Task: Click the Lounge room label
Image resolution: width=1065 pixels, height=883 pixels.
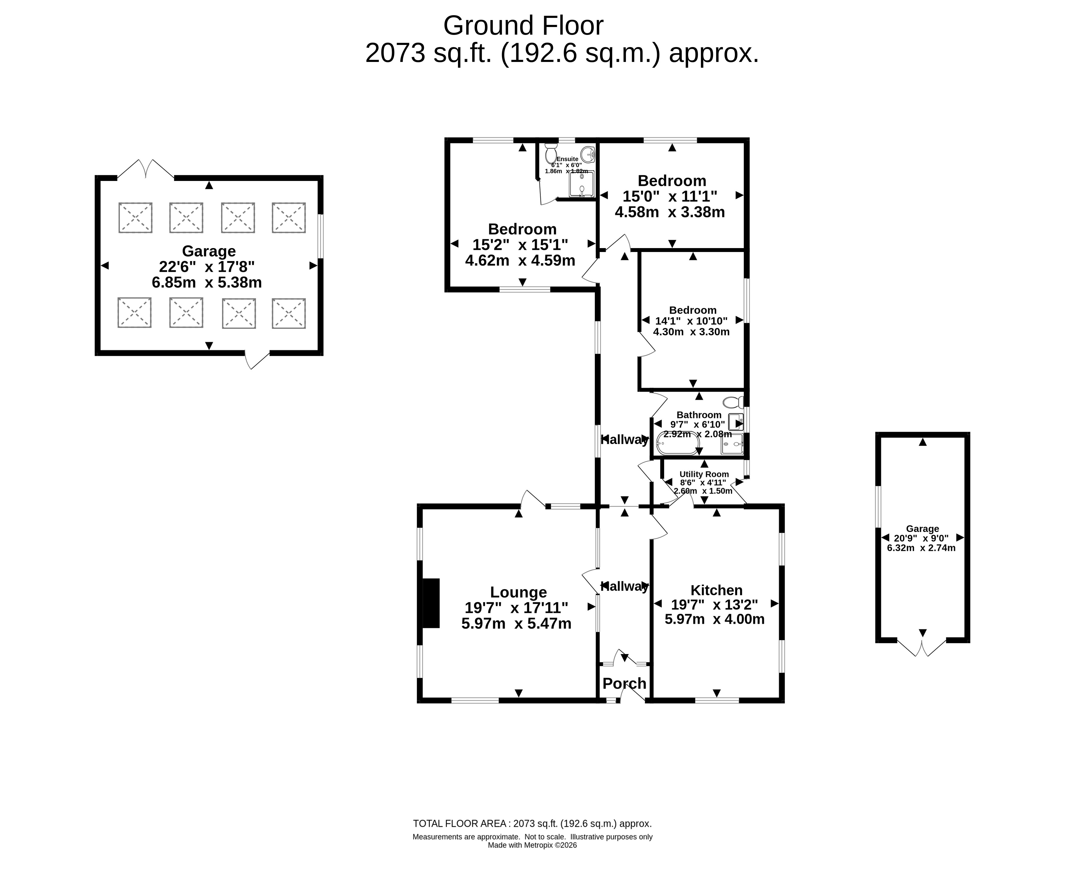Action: pos(518,592)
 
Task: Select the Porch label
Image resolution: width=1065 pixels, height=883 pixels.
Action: pos(624,684)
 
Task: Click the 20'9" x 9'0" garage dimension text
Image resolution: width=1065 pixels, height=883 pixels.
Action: pos(923,538)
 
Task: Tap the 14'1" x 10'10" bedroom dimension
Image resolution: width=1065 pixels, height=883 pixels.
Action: pos(691,321)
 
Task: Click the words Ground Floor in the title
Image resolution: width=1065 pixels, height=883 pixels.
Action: pos(523,26)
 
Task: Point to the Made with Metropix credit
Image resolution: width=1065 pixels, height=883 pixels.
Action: pos(533,845)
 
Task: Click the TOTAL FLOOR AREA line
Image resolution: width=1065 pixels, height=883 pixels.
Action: pos(533,824)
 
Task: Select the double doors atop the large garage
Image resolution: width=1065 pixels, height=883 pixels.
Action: pos(146,169)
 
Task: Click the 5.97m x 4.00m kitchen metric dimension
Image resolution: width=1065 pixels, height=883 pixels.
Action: pos(715,619)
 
